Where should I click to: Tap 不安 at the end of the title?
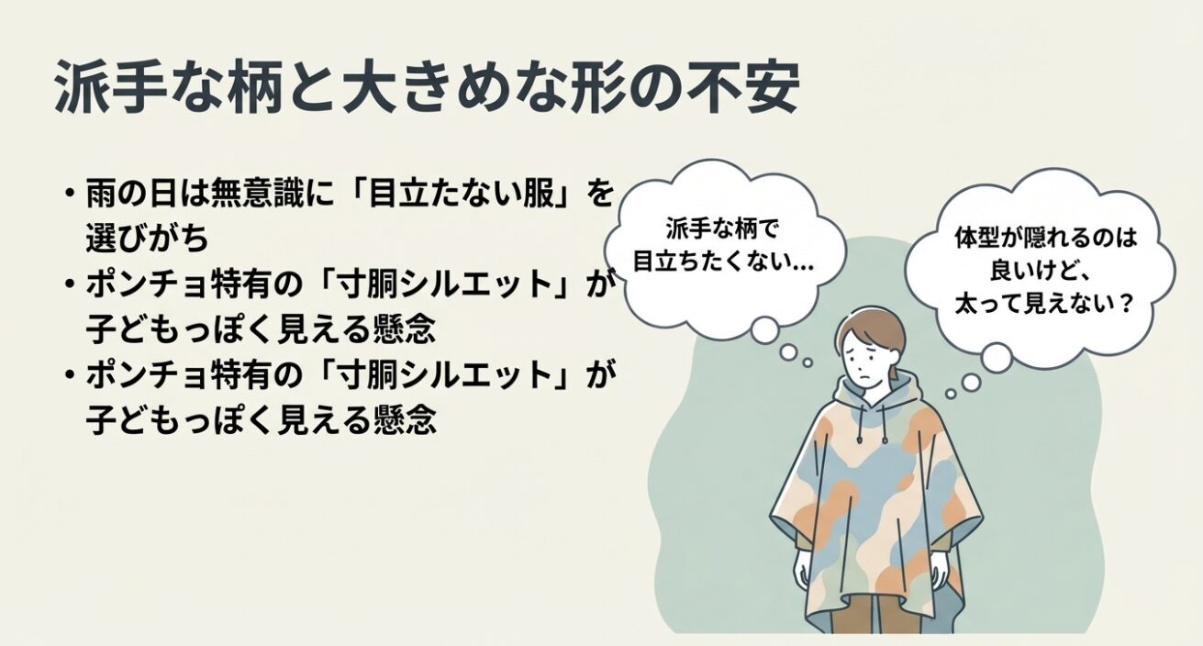click(x=743, y=87)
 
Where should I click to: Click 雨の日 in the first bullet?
click(x=131, y=193)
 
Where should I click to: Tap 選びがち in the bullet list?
click(x=147, y=238)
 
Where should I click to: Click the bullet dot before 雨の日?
click(x=69, y=194)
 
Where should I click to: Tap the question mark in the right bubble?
click(x=1125, y=305)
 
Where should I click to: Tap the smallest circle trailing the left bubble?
click(x=808, y=363)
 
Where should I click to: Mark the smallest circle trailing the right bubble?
click(x=951, y=395)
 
